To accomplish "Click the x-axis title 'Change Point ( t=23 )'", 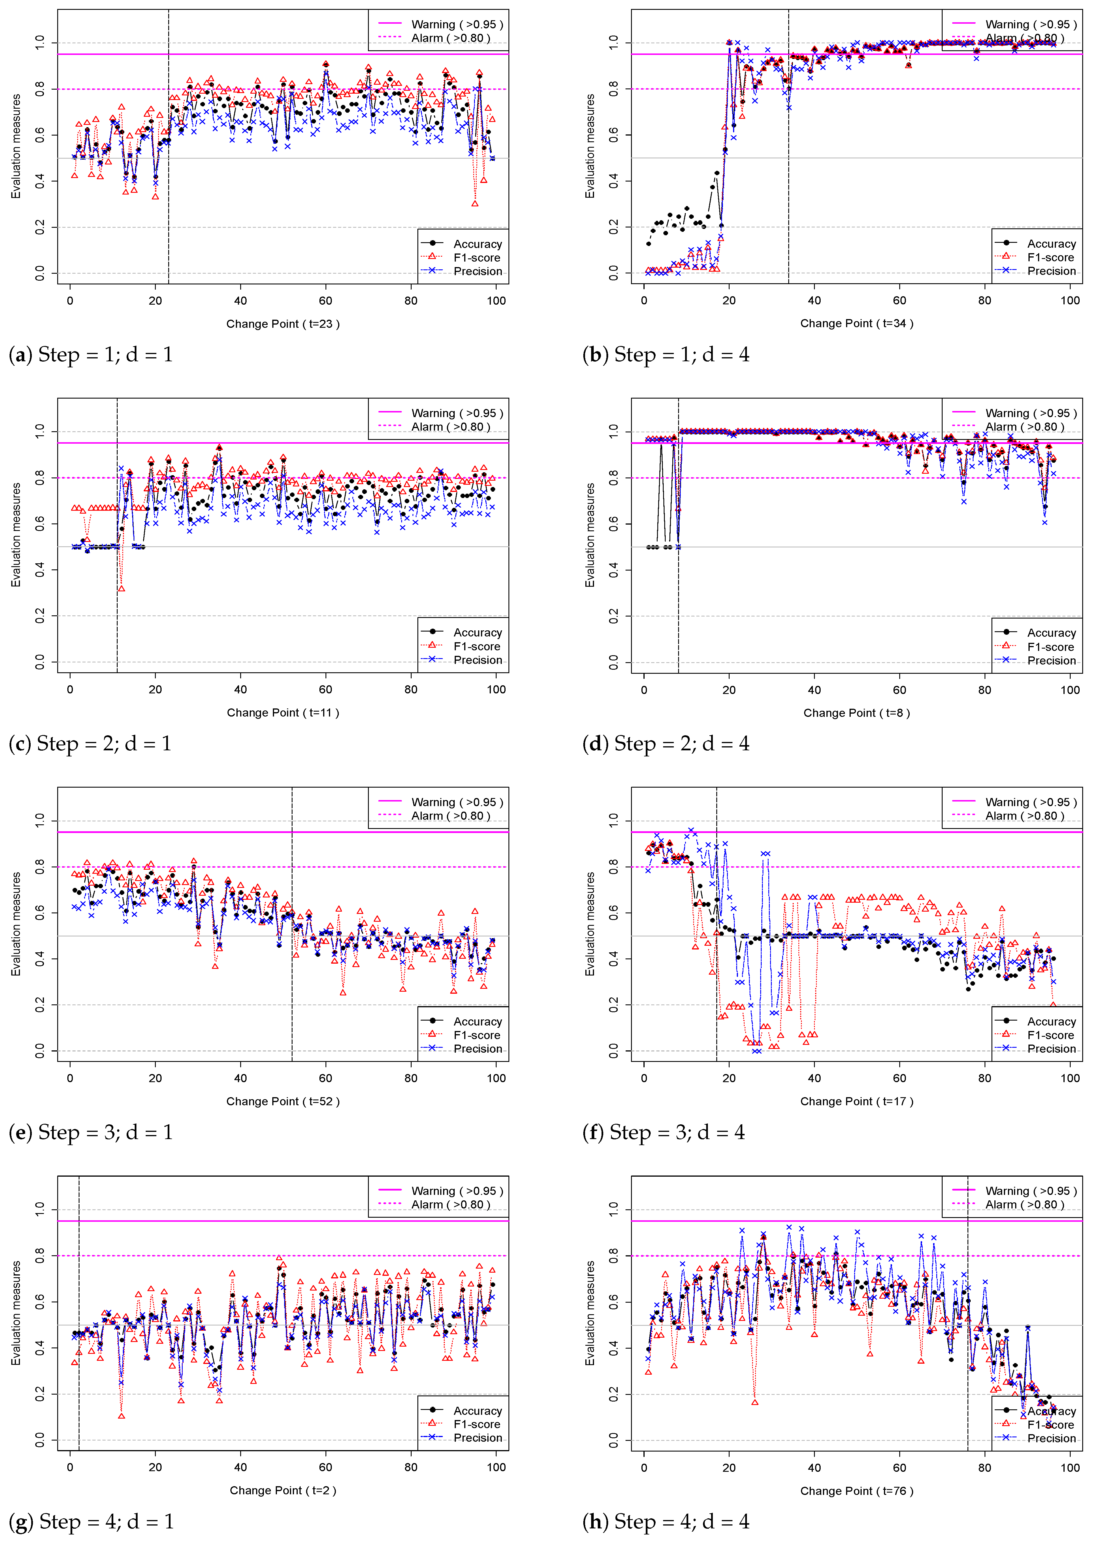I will tap(283, 324).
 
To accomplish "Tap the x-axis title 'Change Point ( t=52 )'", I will tap(283, 1102).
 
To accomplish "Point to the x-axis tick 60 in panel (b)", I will tap(899, 300).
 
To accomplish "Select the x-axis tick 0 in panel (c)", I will tap(70, 689).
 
